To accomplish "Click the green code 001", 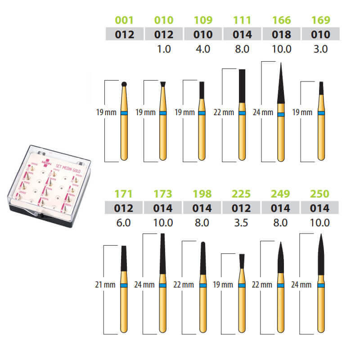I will pyautogui.click(x=124, y=20).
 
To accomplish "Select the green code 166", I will pyautogui.click(x=282, y=20).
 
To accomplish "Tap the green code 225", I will pyautogui.click(x=242, y=194).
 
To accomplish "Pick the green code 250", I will pyautogui.click(x=320, y=194).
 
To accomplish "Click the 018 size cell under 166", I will pyautogui.click(x=282, y=34).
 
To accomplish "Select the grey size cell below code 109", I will pyautogui.click(x=203, y=34).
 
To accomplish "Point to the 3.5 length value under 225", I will pyautogui.click(x=242, y=223).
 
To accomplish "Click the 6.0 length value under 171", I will pyautogui.click(x=124, y=223).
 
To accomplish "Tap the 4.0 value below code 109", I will pyautogui.click(x=203, y=49).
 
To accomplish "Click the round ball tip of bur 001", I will pyautogui.click(x=124, y=83).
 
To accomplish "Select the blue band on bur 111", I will pyautogui.click(x=242, y=113).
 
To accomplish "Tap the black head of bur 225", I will pyautogui.click(x=242, y=261).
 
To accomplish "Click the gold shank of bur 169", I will pyautogui.click(x=321, y=135).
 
